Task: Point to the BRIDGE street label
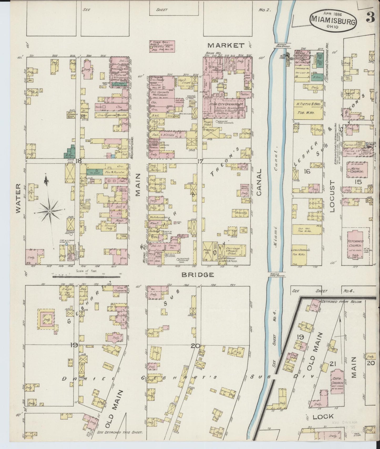click(x=197, y=275)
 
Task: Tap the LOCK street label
click(x=323, y=416)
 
